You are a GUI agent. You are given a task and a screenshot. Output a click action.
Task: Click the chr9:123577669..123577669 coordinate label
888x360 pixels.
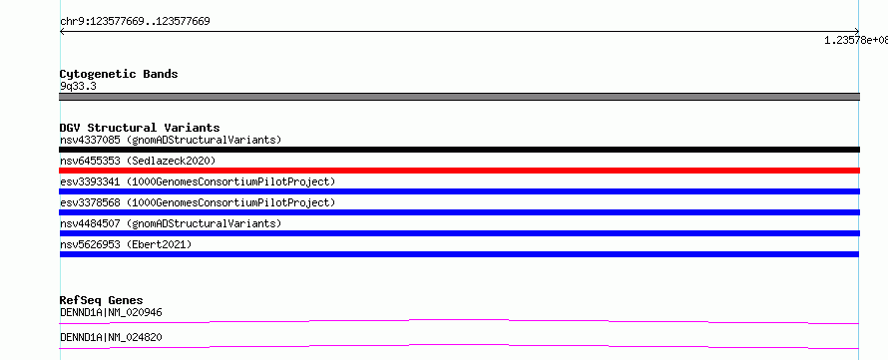pos(135,22)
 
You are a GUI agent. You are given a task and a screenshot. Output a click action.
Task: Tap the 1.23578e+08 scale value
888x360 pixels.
pos(856,40)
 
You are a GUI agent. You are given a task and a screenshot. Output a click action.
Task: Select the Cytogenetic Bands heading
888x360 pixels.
pos(119,74)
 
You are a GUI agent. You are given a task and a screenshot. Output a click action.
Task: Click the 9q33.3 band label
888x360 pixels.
pos(78,86)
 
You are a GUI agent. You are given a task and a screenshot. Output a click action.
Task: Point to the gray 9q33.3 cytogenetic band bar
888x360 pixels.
pos(459,97)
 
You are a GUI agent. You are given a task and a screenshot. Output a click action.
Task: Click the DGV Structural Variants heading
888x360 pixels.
pos(140,128)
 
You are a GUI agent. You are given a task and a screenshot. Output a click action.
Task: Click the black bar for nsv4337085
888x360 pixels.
pos(459,150)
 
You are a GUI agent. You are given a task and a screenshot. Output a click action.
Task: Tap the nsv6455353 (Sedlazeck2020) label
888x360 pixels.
pos(138,161)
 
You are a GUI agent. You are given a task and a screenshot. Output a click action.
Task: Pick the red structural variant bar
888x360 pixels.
pos(459,171)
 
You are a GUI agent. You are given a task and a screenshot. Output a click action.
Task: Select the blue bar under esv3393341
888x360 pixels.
pos(459,191)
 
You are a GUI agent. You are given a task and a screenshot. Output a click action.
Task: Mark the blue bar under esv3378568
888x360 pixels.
pos(459,212)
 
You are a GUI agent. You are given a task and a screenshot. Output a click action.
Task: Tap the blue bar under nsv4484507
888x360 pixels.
pos(459,233)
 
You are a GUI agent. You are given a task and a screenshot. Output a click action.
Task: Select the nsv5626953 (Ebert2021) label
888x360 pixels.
pos(126,244)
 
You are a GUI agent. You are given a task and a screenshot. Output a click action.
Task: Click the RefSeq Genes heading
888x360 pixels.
pos(102,300)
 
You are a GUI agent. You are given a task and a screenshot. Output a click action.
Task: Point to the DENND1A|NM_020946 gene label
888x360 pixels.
pos(112,312)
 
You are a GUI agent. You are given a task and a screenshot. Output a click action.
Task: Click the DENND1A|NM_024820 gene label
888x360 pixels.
pos(112,337)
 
